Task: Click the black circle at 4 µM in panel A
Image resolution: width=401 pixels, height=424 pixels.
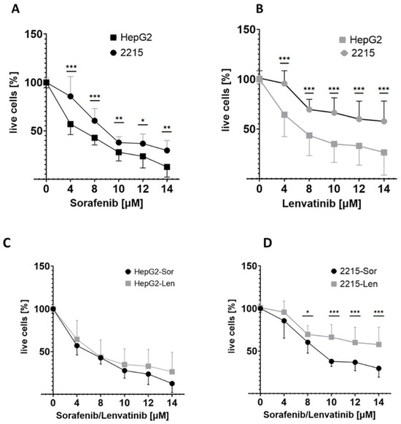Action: [71, 96]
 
